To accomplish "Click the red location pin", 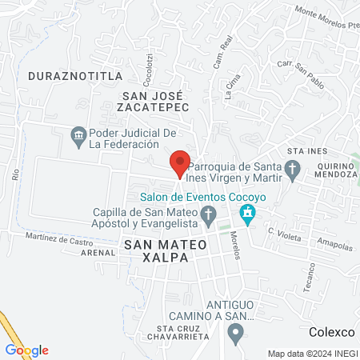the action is (180, 163).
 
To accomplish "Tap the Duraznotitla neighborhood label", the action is (75, 75).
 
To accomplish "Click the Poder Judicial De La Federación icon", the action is (78, 134).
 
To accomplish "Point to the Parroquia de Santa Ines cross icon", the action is (293, 168).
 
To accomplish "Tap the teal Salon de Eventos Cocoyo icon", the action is (247, 213).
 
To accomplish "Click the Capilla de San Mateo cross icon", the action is (209, 214).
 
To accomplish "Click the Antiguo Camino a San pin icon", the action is (234, 335).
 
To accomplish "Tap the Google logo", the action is (26, 350).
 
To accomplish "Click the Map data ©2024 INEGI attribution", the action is (312, 354).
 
